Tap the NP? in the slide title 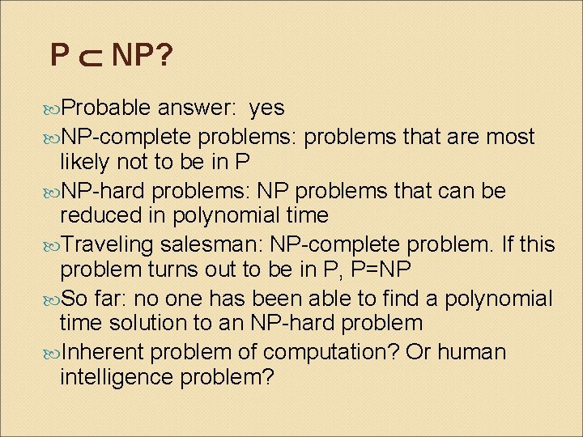point(142,56)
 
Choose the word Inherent point(103,353)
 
